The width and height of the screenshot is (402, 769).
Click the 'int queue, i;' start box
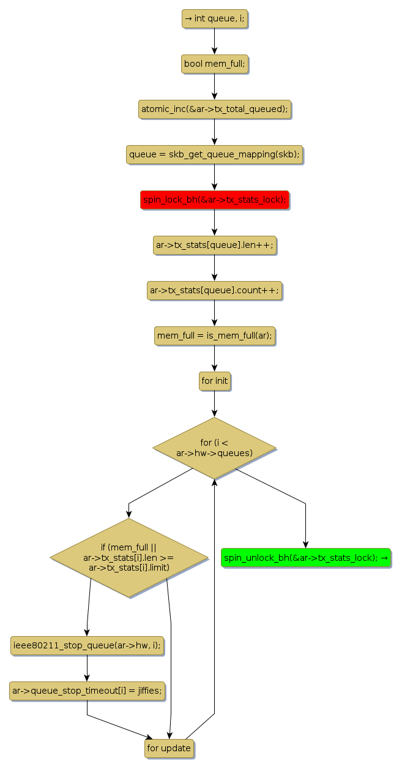point(214,18)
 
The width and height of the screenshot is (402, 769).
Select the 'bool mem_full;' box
point(214,64)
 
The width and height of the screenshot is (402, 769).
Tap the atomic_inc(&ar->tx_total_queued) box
point(214,109)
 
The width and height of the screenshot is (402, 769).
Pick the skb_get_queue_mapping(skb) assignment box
point(214,154)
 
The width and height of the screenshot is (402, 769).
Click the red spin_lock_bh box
point(214,200)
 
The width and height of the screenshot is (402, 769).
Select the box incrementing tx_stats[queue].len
point(214,245)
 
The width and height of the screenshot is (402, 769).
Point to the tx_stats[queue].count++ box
point(214,290)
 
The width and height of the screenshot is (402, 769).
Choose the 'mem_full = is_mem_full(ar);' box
point(214,336)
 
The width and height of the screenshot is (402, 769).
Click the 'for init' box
point(214,381)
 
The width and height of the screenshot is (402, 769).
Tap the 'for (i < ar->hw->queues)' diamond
point(214,448)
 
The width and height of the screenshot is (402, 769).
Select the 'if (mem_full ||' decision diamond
point(128,557)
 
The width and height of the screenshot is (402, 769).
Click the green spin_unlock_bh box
point(305,558)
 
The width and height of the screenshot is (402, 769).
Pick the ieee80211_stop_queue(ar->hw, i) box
point(87,645)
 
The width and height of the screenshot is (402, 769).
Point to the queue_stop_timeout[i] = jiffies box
point(87,691)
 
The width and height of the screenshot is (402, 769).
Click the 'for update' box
point(169,748)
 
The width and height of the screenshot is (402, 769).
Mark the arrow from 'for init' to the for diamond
point(214,404)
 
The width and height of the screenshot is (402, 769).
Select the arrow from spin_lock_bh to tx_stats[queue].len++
point(214,222)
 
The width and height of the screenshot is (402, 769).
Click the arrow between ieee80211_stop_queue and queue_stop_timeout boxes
point(87,668)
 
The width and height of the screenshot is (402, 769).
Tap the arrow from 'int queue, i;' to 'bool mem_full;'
point(214,41)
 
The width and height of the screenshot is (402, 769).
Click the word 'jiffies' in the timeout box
point(149,691)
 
